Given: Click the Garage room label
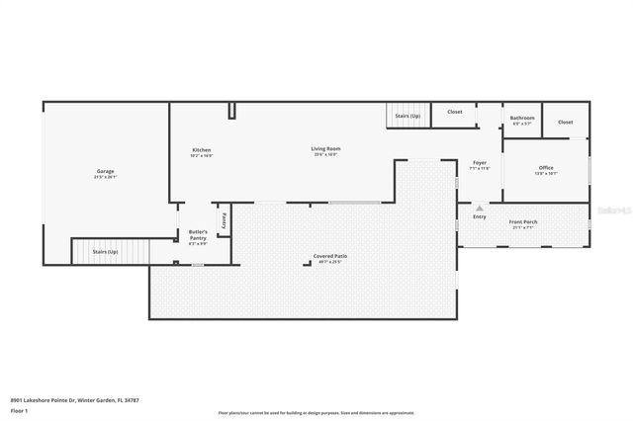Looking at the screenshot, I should [x=105, y=171].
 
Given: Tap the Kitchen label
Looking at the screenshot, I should [x=202, y=149].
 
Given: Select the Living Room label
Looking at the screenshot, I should [x=326, y=149].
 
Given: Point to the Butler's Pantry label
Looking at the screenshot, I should [x=198, y=234].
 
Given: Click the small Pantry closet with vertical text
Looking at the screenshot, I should [x=225, y=220].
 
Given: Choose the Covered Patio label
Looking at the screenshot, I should [x=329, y=256].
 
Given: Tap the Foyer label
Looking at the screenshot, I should [x=479, y=162].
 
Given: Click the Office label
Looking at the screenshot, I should [x=546, y=167].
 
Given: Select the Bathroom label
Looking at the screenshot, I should [x=521, y=118].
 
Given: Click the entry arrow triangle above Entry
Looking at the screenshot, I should [x=480, y=209].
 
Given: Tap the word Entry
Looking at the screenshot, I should [x=480, y=216].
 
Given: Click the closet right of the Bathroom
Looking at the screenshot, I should [x=565, y=122].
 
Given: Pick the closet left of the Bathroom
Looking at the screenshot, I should [x=454, y=112].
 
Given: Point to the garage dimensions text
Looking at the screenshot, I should [x=105, y=178].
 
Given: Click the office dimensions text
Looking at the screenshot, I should [x=546, y=174].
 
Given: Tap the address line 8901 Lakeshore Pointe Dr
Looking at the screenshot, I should [x=75, y=399].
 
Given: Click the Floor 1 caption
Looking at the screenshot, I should [x=19, y=409].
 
